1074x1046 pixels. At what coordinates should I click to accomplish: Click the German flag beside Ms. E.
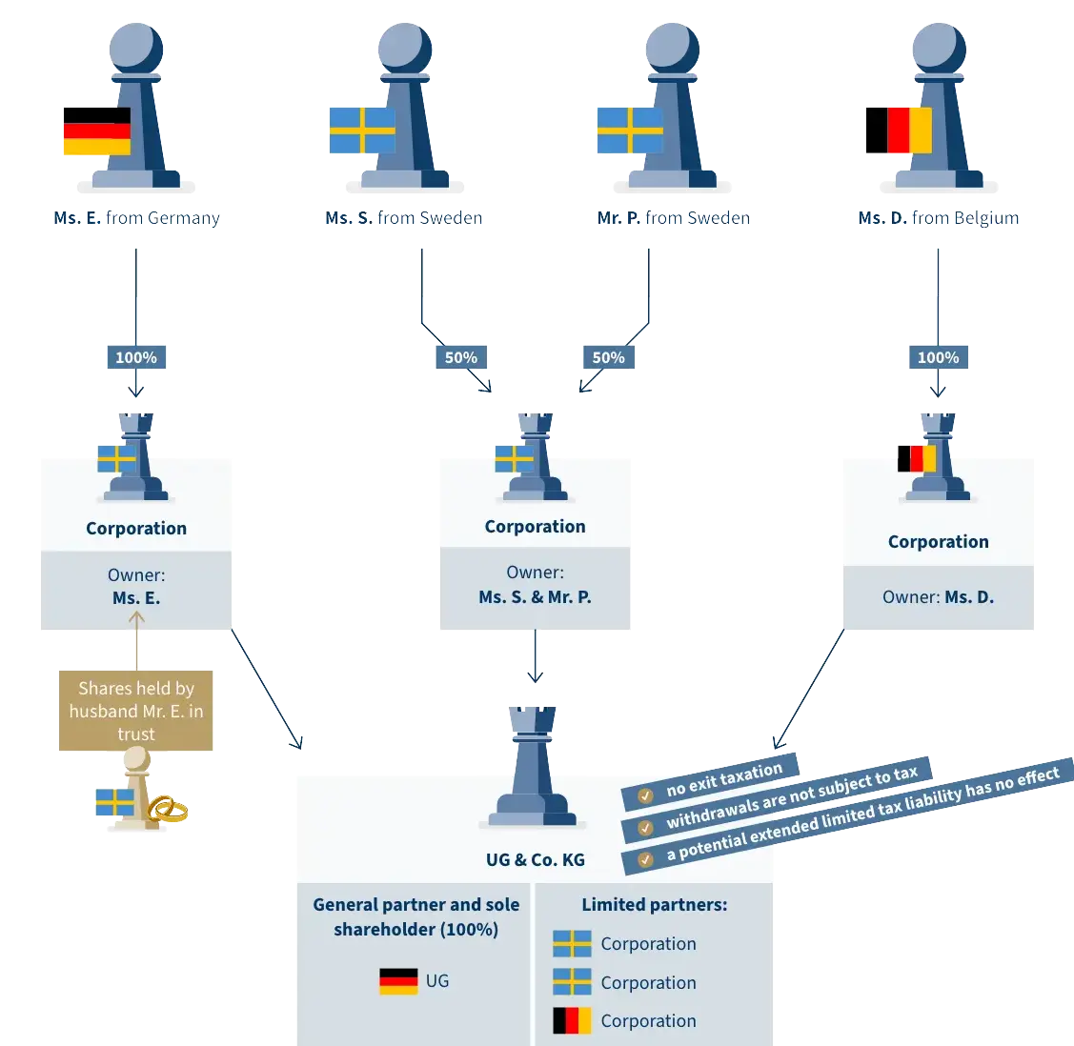(96, 131)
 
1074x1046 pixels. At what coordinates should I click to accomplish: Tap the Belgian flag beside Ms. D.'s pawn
(897, 131)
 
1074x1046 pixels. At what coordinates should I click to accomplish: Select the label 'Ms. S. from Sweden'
(404, 218)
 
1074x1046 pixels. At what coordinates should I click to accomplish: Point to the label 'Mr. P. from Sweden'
(674, 218)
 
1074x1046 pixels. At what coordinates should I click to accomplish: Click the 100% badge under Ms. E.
(136, 357)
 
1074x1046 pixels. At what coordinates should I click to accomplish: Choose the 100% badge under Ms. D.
(938, 357)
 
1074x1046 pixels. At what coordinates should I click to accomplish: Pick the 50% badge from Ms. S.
(460, 357)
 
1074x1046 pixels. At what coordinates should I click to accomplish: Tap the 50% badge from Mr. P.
(608, 357)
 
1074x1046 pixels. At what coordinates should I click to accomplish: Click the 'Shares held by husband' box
(135, 711)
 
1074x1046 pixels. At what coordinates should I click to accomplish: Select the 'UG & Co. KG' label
(535, 859)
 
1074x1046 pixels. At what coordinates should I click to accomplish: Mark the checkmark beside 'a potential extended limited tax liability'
(645, 858)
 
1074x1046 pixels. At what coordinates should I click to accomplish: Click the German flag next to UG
(398, 981)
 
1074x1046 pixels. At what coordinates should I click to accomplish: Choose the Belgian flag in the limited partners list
(572, 1021)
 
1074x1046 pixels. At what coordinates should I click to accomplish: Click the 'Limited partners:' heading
(654, 905)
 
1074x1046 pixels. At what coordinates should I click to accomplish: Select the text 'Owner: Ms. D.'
(938, 597)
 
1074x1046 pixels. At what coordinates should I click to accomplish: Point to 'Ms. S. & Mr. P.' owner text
(535, 597)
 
